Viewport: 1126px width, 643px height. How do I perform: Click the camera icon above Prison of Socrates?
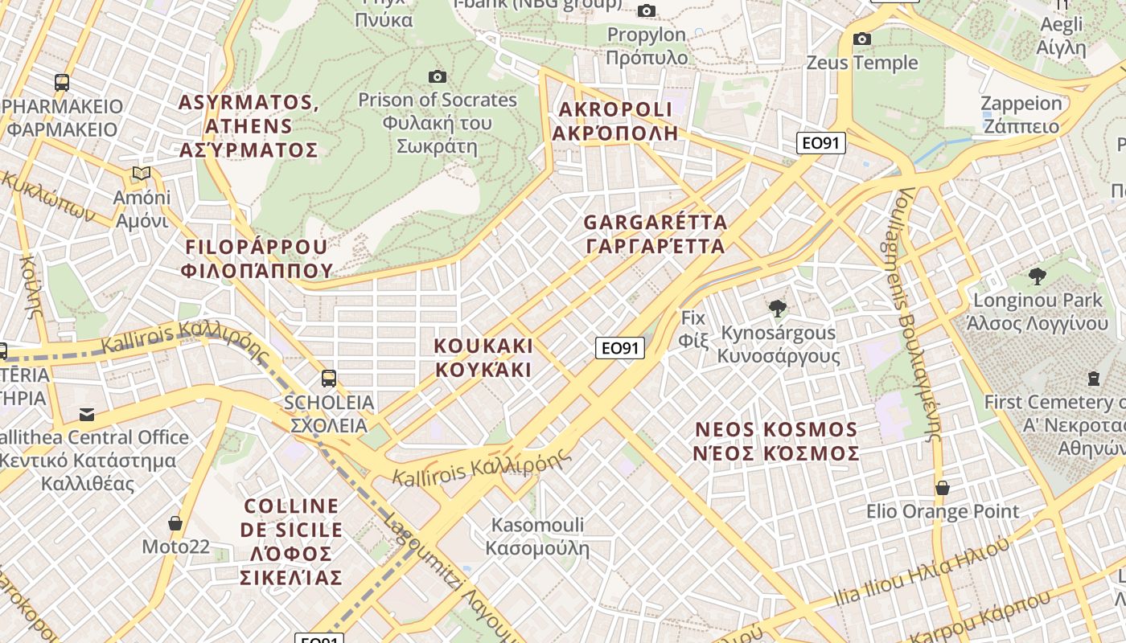pos(438,76)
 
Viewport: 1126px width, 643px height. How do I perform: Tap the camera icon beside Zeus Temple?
pos(862,39)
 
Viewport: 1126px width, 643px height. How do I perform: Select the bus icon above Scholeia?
pos(328,378)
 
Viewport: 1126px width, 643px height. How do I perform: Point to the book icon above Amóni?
pos(142,173)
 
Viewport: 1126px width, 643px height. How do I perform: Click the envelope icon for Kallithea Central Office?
pos(86,415)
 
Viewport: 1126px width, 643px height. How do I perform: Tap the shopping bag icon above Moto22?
pos(175,523)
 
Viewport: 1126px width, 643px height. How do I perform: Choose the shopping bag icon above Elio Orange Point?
pos(942,488)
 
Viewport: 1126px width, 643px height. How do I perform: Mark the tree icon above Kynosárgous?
pos(777,308)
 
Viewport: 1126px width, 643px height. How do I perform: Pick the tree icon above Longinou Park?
pos(1038,276)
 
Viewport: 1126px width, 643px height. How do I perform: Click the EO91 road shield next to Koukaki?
pos(620,347)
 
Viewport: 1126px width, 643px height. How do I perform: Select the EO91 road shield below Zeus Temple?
pos(821,143)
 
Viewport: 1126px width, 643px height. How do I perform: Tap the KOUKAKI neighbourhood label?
pos(483,358)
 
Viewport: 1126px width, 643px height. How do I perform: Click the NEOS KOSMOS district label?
pos(776,441)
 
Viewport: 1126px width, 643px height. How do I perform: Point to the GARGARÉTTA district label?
pos(655,234)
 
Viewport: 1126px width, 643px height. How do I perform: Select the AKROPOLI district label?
pos(615,121)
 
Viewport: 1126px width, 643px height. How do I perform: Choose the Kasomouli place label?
pos(537,537)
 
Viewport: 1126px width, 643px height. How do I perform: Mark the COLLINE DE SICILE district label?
pos(291,542)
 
